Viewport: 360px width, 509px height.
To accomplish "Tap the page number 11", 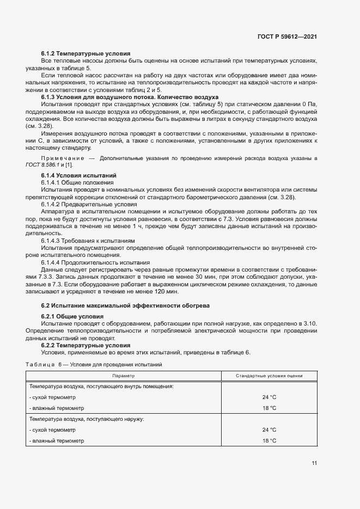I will coord(314,463).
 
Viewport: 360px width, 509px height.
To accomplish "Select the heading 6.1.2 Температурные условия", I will coord(86,54).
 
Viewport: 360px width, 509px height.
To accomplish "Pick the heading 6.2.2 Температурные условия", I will coord(86,345).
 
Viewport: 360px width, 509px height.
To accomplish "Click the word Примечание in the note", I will coord(59,157).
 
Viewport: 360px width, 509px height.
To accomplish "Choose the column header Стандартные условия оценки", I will coord(269,376).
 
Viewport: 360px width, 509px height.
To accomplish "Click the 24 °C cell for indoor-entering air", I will coord(269,397).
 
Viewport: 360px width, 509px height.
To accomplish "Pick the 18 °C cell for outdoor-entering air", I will coord(269,440).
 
